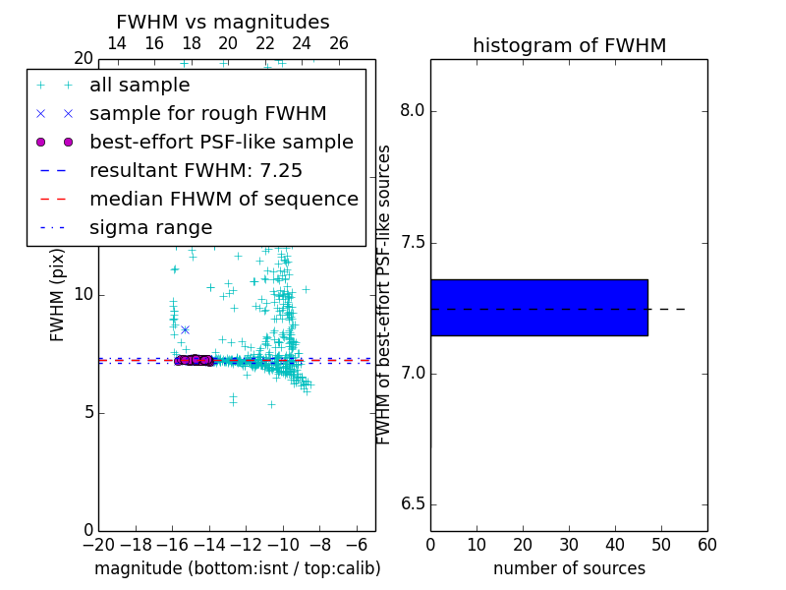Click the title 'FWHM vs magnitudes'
coord(222,23)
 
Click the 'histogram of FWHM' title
coord(569,45)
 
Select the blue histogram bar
coord(538,308)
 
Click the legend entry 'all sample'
coord(140,86)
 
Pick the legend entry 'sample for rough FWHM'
coord(207,113)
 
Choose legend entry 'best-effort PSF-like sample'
coord(221,142)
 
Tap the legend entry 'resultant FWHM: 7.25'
coord(196,170)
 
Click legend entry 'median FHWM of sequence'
coord(223,199)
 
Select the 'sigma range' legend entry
coord(150,227)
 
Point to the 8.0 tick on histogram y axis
coord(412,111)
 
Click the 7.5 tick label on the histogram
coord(412,243)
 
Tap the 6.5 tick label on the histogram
coord(412,504)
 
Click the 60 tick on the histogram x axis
coord(707,544)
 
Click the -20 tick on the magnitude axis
coord(98,544)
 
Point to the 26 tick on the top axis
coord(339,43)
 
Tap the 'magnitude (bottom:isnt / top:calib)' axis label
coord(237,568)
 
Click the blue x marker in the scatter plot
coord(185,329)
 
